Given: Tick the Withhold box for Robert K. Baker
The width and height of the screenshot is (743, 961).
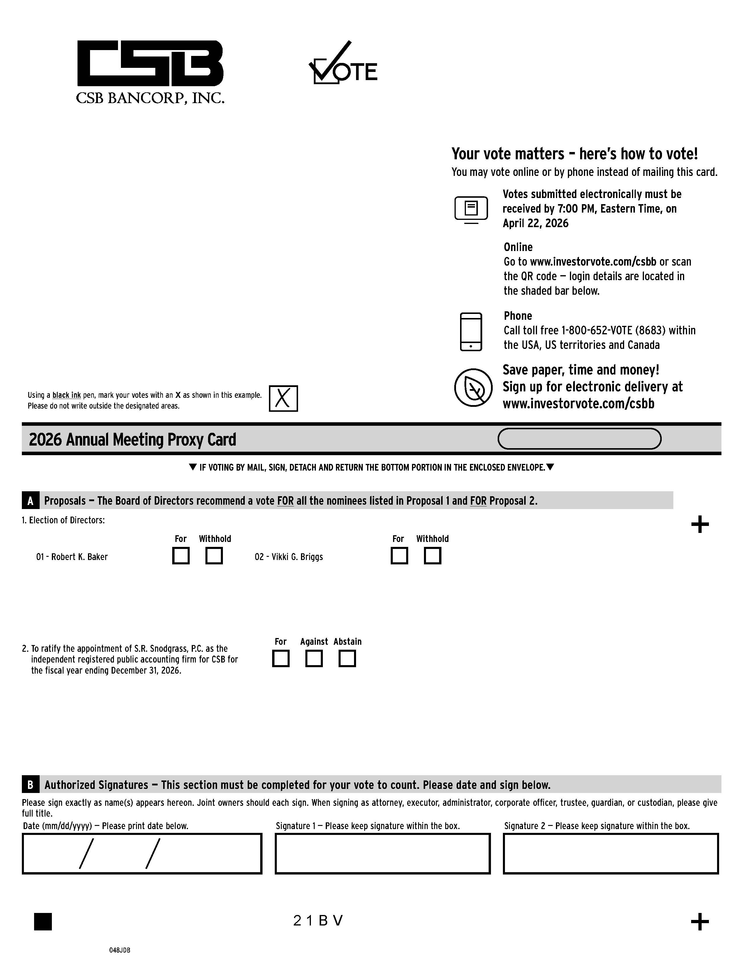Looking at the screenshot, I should (x=214, y=555).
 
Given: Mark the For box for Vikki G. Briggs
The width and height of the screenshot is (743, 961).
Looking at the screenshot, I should (x=399, y=555).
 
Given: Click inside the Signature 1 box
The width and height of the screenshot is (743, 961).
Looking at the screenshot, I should (x=383, y=853).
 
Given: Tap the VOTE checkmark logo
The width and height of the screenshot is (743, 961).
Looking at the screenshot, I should (x=343, y=64).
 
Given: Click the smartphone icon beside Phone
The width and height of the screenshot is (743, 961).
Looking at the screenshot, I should (x=471, y=332).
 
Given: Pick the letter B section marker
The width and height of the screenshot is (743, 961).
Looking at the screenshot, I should (x=30, y=785).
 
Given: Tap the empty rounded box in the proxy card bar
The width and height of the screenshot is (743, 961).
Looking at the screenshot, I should (x=579, y=439).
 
